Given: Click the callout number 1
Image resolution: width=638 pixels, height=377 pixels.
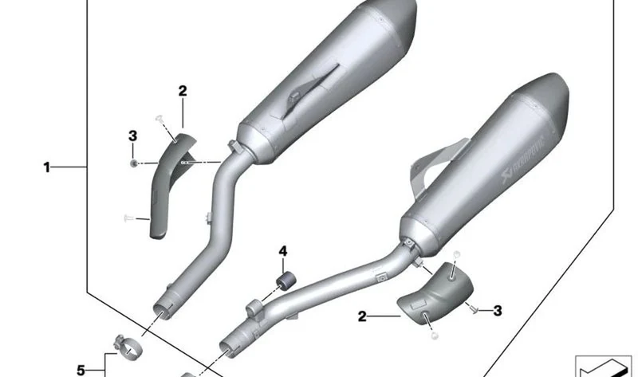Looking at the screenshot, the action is [x=47, y=167].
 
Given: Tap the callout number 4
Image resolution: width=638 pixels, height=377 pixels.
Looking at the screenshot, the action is [x=283, y=251].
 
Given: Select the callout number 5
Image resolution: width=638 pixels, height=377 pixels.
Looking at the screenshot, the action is [x=81, y=370].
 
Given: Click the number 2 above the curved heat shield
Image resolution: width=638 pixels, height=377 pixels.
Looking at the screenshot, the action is [x=183, y=91].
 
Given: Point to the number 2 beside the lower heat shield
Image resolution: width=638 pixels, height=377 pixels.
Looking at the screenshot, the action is [x=362, y=316].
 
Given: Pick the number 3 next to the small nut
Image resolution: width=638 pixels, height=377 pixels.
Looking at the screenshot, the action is [x=132, y=135].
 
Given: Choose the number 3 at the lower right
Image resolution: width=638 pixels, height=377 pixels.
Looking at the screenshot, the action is [x=497, y=311].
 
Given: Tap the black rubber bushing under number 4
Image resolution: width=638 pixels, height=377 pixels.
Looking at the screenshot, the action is [x=286, y=281].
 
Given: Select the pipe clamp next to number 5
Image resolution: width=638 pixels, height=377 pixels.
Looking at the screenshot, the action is [x=128, y=347].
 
